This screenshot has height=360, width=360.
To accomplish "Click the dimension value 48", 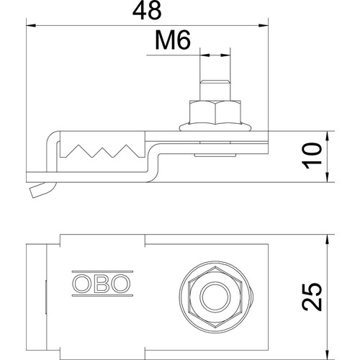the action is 147,11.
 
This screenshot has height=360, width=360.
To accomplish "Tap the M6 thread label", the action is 173,40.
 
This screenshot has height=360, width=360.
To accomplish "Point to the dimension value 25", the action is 312,297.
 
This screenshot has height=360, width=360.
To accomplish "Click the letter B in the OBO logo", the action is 102,284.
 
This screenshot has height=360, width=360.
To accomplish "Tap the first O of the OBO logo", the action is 82,284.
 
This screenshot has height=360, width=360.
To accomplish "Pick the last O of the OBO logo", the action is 121,284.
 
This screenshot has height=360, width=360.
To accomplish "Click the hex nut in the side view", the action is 215,112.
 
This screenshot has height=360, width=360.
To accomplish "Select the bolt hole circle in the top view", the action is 215,297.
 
